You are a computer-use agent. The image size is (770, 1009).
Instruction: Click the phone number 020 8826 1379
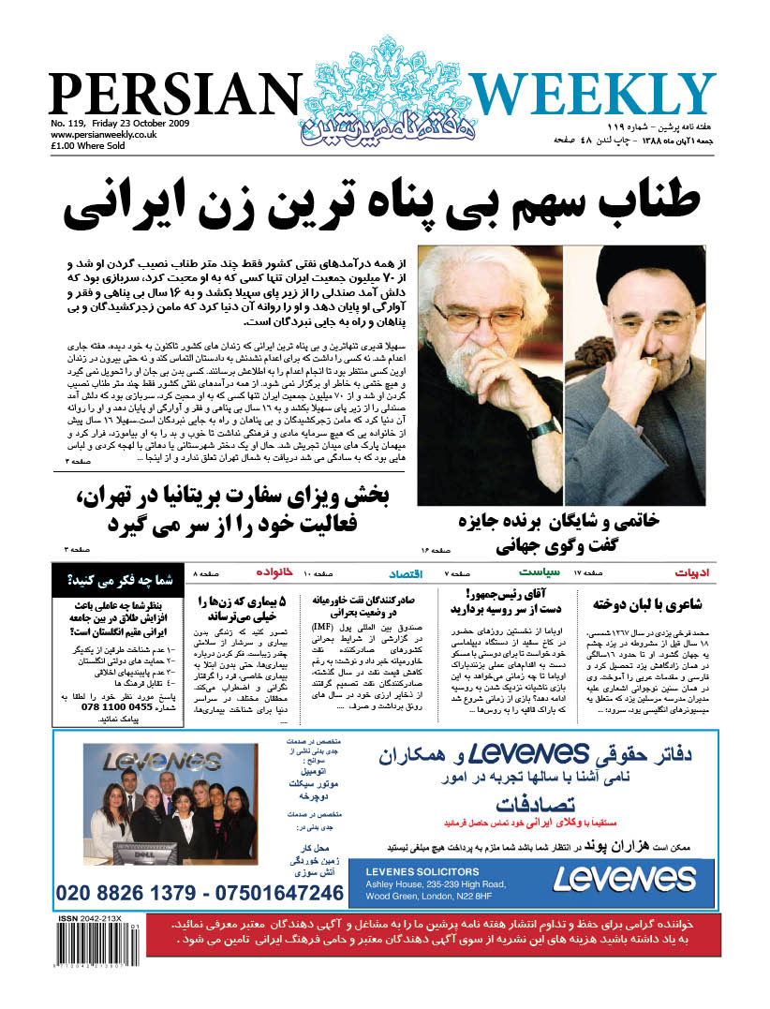pos(131,893)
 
